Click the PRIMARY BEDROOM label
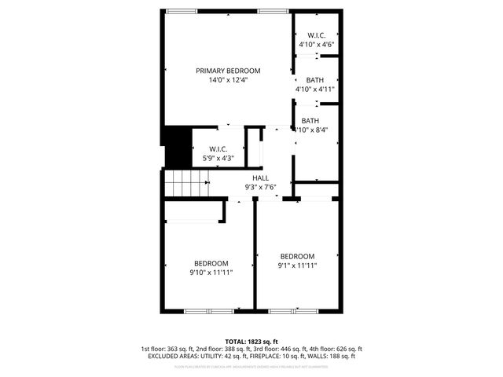pyautogui.click(x=228, y=71)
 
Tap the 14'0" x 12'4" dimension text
pyautogui.click(x=228, y=80)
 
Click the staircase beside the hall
pyautogui.click(x=188, y=185)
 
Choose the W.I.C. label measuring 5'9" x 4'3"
pyautogui.click(x=218, y=149)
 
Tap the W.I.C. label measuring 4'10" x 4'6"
pyautogui.click(x=316, y=35)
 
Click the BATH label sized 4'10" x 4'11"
pyautogui.click(x=314, y=80)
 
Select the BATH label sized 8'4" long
pyautogui.click(x=310, y=121)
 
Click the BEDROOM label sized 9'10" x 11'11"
pyautogui.click(x=211, y=263)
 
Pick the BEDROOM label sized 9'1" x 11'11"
pyautogui.click(x=298, y=257)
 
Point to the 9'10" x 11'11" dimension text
pyautogui.click(x=211, y=273)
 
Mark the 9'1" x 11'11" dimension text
pyautogui.click(x=298, y=265)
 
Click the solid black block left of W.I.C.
pyautogui.click(x=177, y=148)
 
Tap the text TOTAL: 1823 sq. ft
pyautogui.click(x=251, y=341)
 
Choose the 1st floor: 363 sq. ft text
pyautogui.click(x=168, y=349)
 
